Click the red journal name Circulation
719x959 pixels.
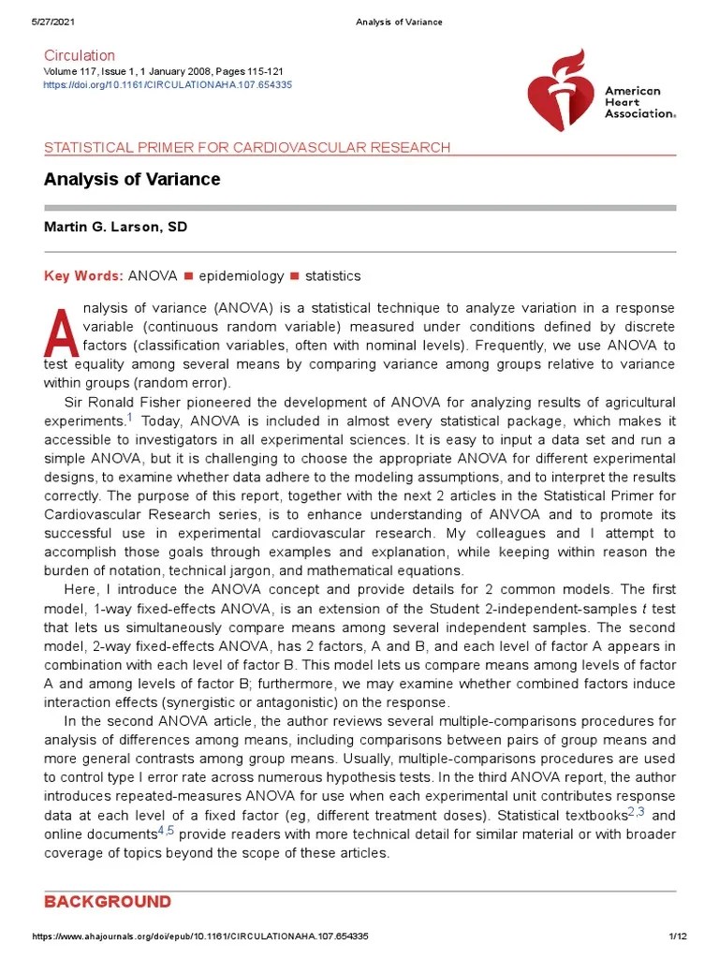pos(80,55)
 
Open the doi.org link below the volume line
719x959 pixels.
pos(168,85)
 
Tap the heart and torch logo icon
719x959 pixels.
pos(559,92)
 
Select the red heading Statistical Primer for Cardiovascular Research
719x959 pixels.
pos(247,148)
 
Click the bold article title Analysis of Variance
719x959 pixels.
pos(132,179)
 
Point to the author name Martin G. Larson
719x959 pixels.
pos(115,228)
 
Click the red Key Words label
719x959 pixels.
pos(83,276)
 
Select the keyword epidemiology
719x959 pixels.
pos(241,276)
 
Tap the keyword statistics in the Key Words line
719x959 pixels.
pos(332,276)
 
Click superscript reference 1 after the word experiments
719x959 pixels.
pos(130,418)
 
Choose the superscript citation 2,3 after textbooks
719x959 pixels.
pos(636,811)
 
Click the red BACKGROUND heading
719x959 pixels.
pos(108,902)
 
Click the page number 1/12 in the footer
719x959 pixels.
pos(679,937)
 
